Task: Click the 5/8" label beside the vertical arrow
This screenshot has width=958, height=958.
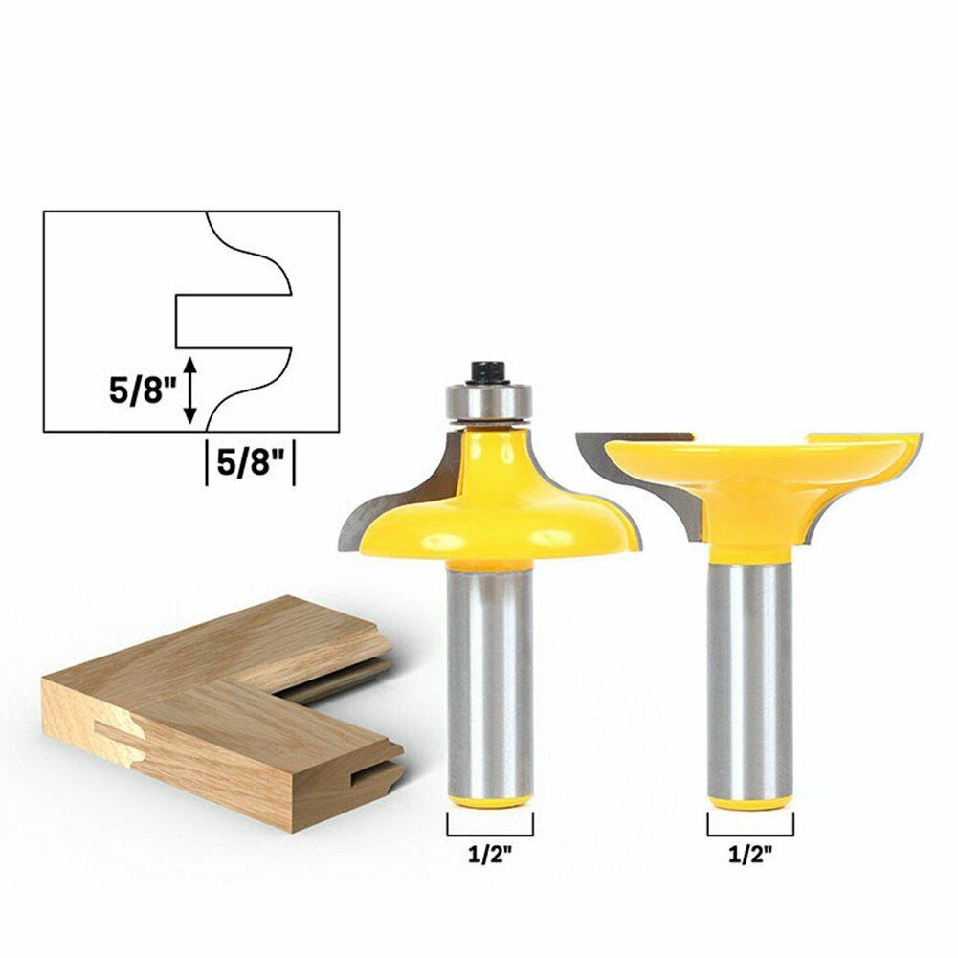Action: tap(143, 390)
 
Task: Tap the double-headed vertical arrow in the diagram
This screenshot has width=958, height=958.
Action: tap(191, 390)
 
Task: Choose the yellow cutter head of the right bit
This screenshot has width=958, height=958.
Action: tap(756, 479)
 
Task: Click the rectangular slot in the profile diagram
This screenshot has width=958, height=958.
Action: tap(230, 321)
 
